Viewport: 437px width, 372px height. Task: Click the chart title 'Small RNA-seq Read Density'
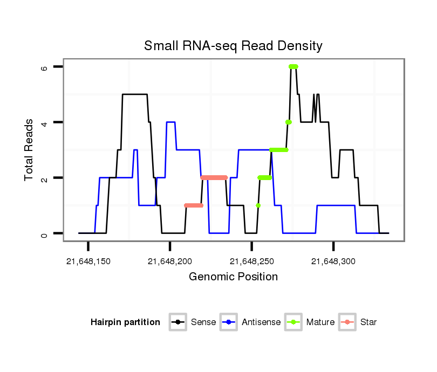[x=233, y=46]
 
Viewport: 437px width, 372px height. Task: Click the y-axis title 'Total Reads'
[x=29, y=150]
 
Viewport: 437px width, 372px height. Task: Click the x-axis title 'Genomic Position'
[x=233, y=277]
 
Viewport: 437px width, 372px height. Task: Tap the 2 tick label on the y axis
[x=44, y=178]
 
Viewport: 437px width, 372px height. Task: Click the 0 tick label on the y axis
[x=44, y=233]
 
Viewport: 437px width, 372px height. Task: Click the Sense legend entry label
[x=203, y=322]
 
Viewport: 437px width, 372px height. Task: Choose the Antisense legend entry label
[x=261, y=322]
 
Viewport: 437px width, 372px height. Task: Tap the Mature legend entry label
[x=320, y=322]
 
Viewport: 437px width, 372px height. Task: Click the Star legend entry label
[x=368, y=322]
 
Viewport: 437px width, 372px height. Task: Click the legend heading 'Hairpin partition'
[x=125, y=322]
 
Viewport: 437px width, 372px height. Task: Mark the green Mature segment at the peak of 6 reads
[x=293, y=66]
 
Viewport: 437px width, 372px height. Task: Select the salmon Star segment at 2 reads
[x=214, y=177]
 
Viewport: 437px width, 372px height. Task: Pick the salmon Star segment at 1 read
[x=193, y=205]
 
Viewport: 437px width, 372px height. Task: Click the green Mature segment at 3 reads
[x=279, y=150]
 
